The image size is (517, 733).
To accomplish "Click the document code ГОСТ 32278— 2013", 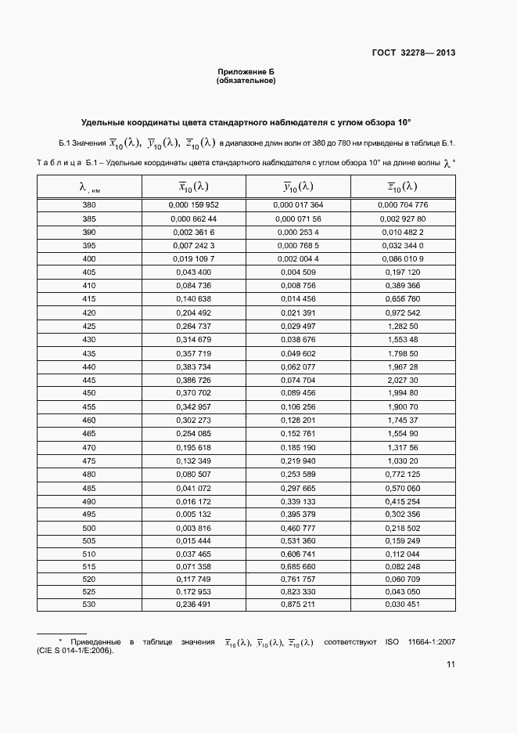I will point(414,53).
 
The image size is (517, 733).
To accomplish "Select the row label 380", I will point(88,204).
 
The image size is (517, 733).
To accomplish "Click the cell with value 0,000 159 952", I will point(193,204).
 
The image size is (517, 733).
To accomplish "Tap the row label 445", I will point(88,379).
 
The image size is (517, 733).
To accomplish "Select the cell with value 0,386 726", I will point(193,379).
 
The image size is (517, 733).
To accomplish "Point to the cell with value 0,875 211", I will point(298,604).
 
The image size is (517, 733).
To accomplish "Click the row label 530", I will point(88,604).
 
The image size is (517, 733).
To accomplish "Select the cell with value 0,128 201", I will point(298,419).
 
